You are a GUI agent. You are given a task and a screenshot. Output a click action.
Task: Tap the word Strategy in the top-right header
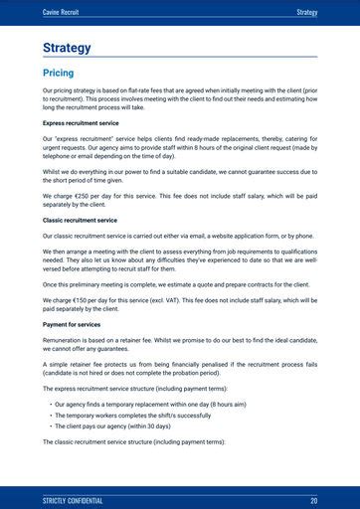[x=306, y=12]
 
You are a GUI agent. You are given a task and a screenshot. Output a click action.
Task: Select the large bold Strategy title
[x=67, y=48]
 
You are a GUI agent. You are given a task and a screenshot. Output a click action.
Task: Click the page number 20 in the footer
[x=313, y=500]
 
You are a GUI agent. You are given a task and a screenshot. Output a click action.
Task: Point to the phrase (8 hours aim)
[x=226, y=406]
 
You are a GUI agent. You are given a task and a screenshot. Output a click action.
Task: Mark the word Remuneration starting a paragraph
[x=64, y=339]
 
